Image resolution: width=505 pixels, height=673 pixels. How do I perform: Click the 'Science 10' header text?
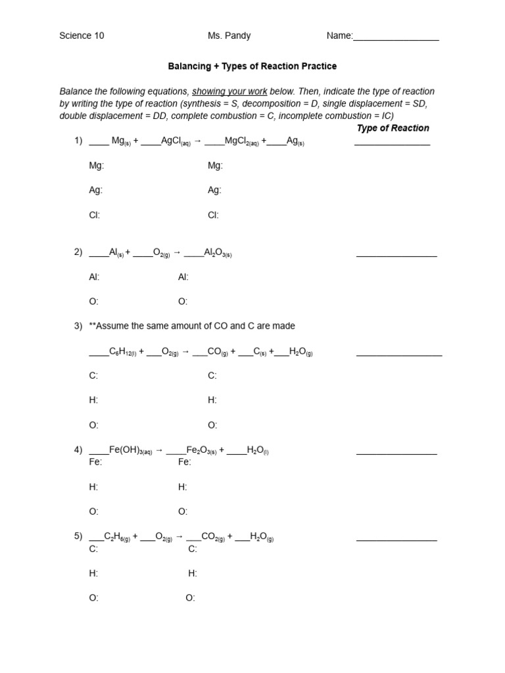(x=82, y=36)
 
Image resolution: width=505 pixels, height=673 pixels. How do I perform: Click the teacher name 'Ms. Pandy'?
(x=229, y=36)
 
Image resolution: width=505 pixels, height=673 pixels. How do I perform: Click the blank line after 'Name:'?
(x=396, y=37)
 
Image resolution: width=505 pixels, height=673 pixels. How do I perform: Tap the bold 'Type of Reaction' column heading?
(x=393, y=128)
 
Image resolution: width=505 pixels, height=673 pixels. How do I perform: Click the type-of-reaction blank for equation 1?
(x=392, y=142)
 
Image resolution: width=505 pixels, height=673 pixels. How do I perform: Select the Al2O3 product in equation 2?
(x=218, y=252)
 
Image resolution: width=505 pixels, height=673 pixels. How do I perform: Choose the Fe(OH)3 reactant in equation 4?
(x=130, y=450)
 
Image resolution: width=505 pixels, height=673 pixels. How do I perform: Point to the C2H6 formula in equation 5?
(x=117, y=537)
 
